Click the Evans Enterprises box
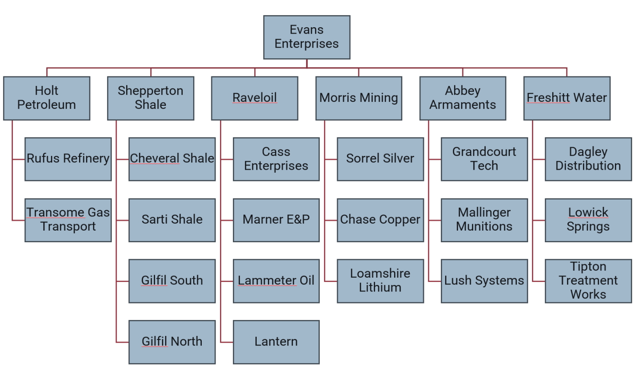click(x=306, y=37)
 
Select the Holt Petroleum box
click(x=47, y=98)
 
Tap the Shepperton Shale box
click(x=150, y=98)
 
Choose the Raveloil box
click(x=255, y=98)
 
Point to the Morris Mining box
click(x=359, y=98)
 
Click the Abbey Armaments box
click(x=462, y=98)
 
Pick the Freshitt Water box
click(x=567, y=98)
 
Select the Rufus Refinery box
click(x=68, y=159)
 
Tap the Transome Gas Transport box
click(x=68, y=220)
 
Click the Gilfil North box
click(x=172, y=342)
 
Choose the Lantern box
click(x=276, y=342)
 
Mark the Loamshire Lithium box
click(x=380, y=281)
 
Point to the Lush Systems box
click(x=484, y=281)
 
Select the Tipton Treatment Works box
click(x=588, y=281)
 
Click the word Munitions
click(x=484, y=227)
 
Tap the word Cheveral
click(x=149, y=158)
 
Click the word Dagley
click(x=588, y=152)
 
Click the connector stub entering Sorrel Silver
click(x=331, y=159)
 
